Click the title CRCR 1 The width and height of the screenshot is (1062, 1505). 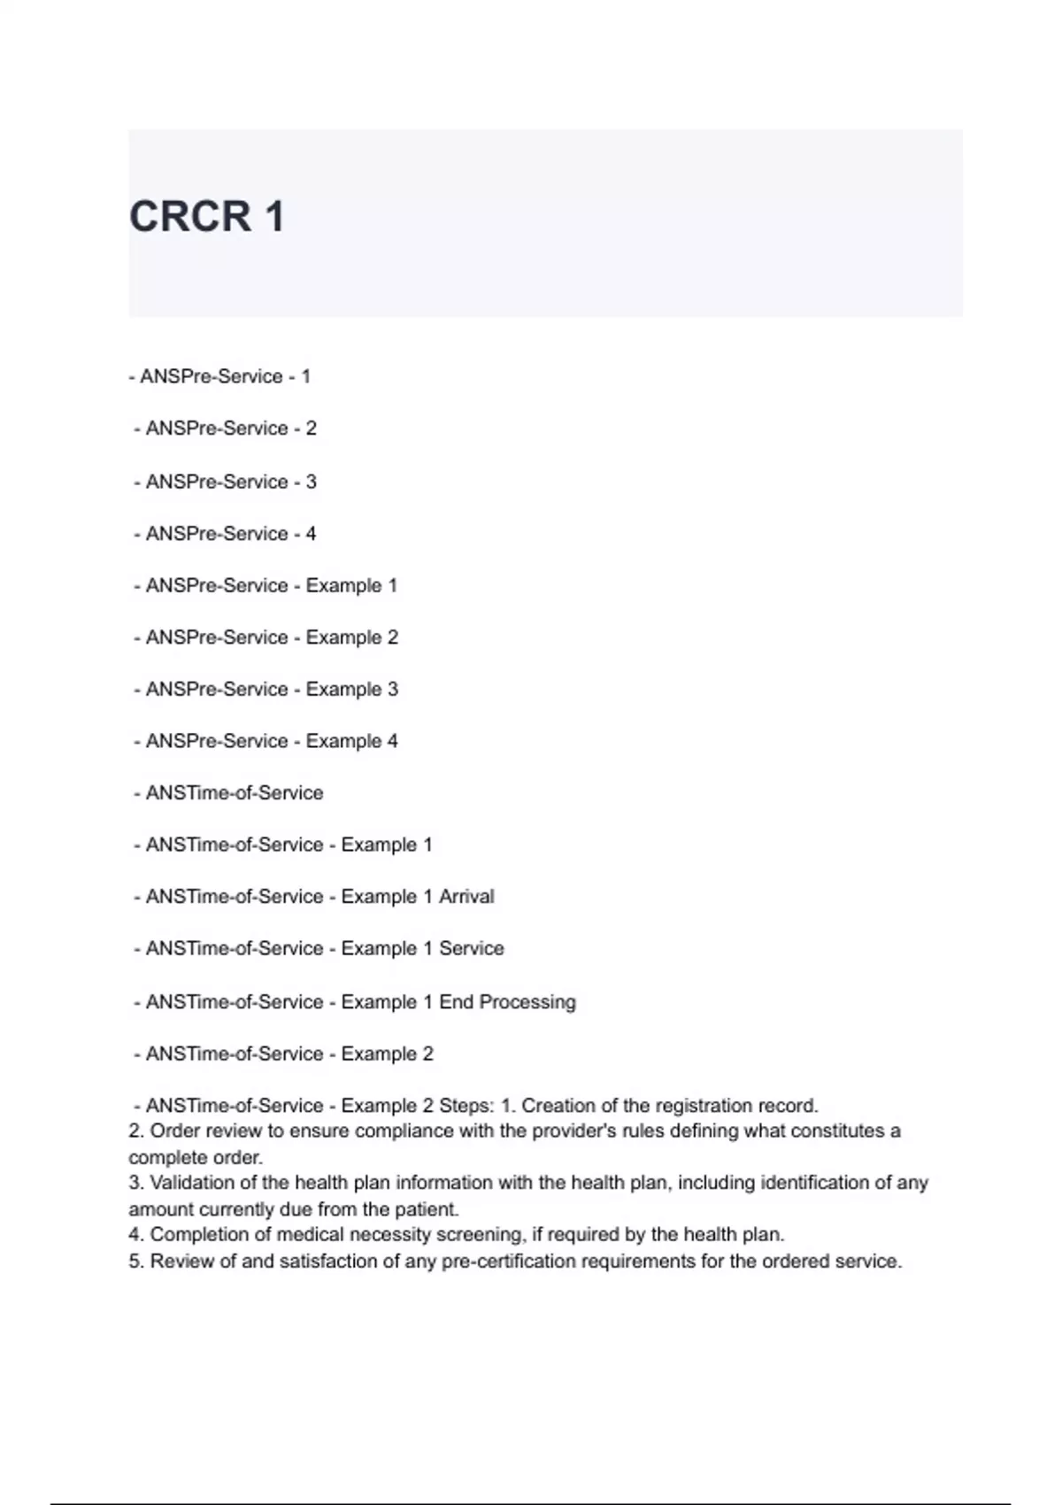pos(207,217)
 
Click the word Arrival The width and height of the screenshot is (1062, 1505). pos(466,897)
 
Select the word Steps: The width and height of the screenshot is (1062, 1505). pos(466,1106)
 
